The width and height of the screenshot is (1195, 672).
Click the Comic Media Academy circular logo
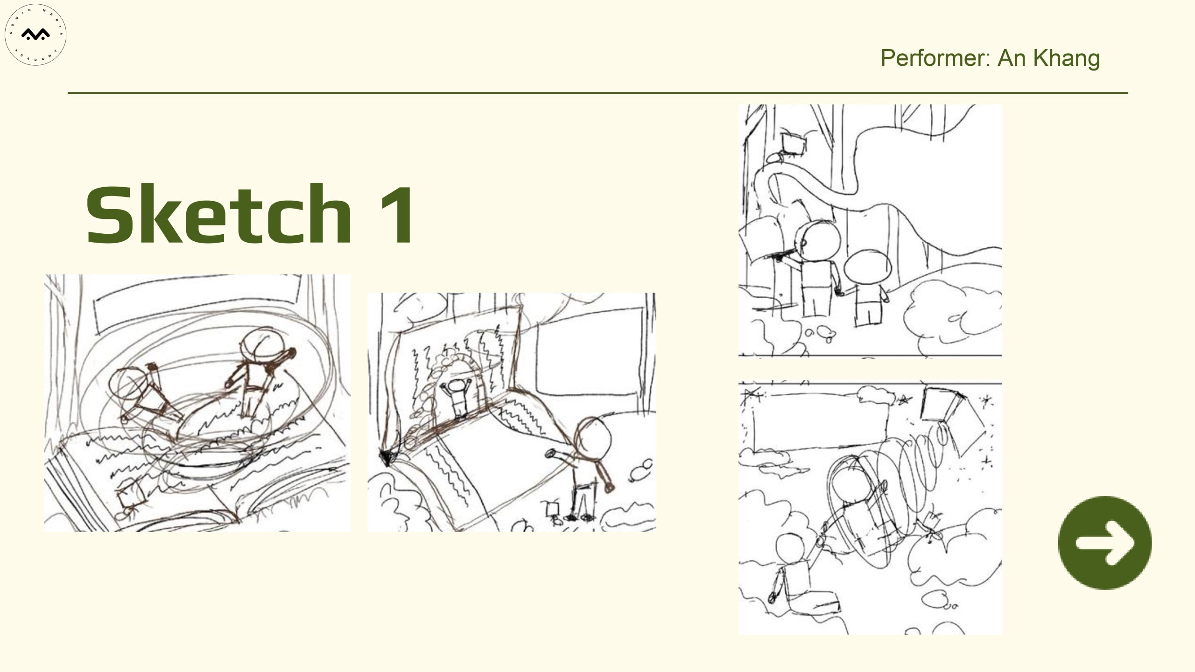[x=35, y=35]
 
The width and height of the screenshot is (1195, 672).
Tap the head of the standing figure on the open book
[x=261, y=344]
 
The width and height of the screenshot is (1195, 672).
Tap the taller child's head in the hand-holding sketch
[x=818, y=242]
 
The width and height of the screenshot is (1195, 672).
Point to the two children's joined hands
[x=840, y=292]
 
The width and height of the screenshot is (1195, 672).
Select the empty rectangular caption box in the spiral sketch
[x=822, y=421]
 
